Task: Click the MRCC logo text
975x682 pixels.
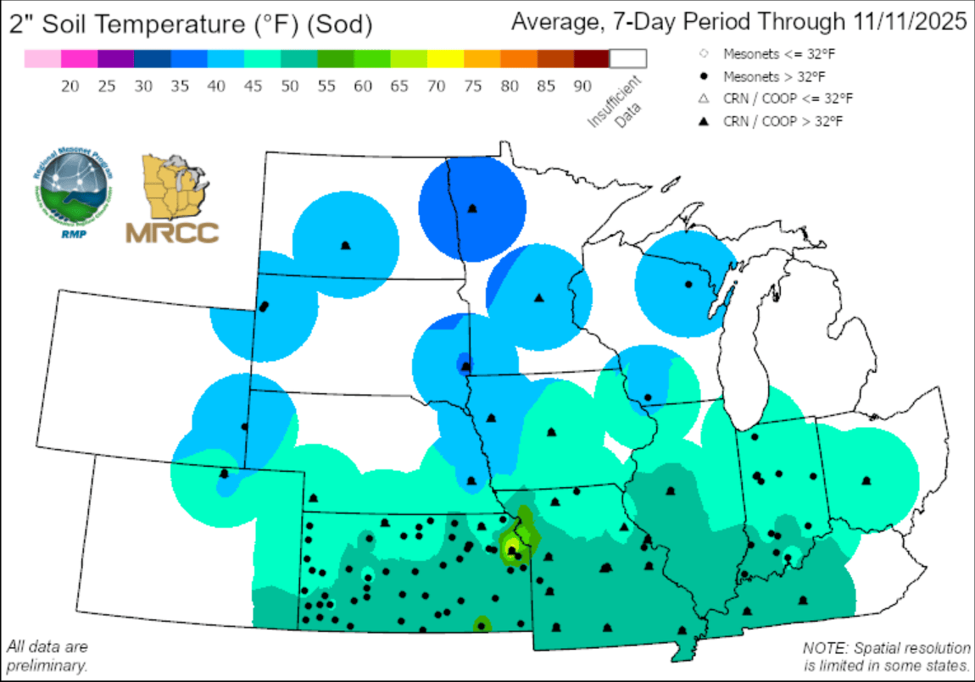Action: click(x=172, y=232)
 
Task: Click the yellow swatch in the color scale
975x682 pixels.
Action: click(x=445, y=58)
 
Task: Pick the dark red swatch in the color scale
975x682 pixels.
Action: click(x=591, y=58)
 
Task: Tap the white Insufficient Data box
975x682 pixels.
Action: click(x=627, y=58)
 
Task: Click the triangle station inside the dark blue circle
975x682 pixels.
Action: click(x=473, y=208)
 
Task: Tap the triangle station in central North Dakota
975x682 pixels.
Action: click(x=345, y=246)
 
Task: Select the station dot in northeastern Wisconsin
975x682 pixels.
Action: click(x=688, y=284)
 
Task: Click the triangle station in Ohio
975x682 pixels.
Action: click(x=866, y=480)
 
